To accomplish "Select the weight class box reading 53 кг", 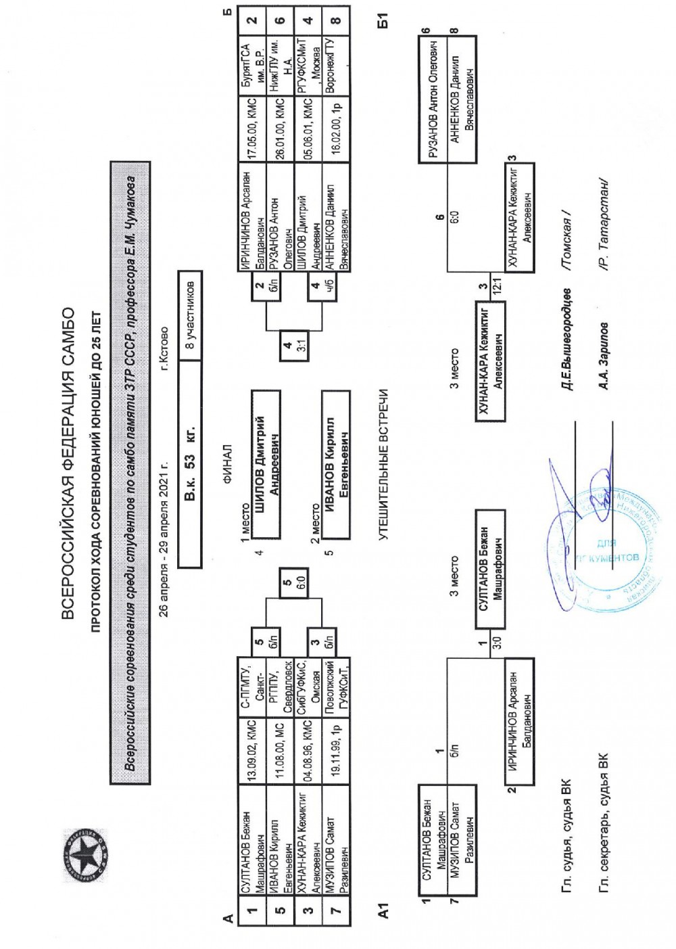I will coord(190,465).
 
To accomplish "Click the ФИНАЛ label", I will coord(228,465).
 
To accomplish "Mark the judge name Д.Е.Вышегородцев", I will coord(566,339).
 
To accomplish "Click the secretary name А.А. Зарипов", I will coord(604,356).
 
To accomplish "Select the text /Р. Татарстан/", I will coord(604,224).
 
